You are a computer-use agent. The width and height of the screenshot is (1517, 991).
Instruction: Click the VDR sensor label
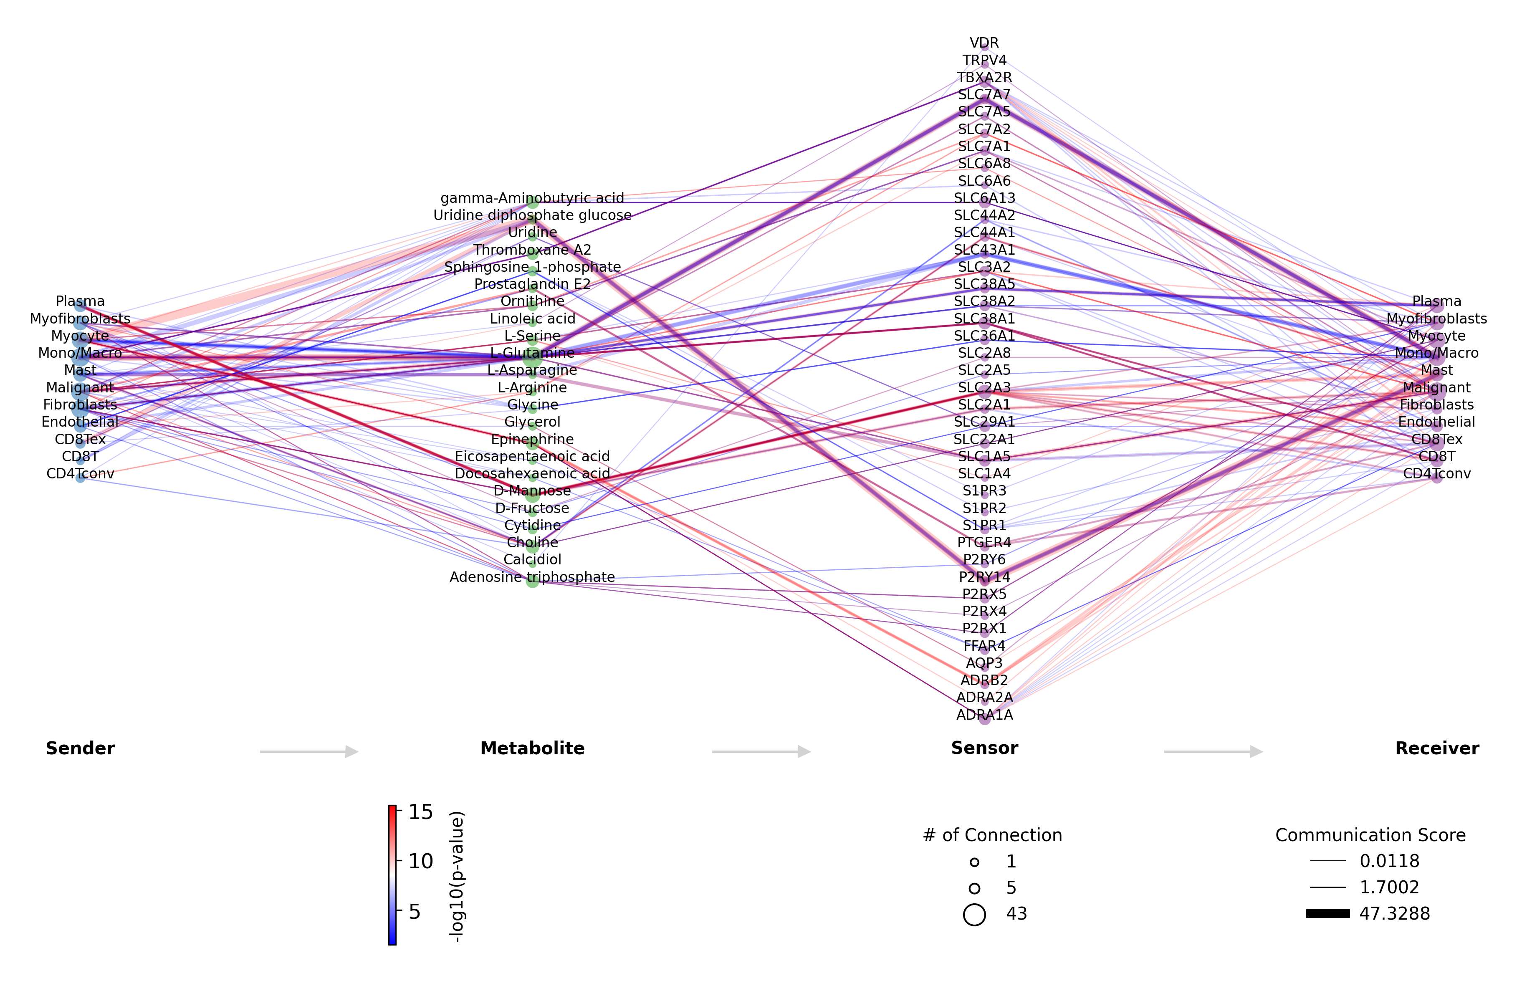(x=984, y=43)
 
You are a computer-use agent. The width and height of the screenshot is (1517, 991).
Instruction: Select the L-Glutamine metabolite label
(x=532, y=352)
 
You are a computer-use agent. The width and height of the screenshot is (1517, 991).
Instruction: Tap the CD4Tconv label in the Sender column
(x=80, y=473)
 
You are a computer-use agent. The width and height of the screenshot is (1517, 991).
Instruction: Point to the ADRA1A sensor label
(x=984, y=714)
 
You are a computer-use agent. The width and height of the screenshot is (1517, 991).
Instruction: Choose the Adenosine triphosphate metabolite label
(x=532, y=577)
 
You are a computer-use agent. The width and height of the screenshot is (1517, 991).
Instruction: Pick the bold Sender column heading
(x=80, y=748)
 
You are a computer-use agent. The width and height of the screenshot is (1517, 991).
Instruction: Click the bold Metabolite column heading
(x=532, y=748)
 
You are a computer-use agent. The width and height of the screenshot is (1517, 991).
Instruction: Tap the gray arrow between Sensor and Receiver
(x=1213, y=751)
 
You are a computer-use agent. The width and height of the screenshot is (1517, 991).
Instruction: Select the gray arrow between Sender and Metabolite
(x=309, y=751)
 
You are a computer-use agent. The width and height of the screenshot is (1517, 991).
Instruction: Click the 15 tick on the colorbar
(x=420, y=812)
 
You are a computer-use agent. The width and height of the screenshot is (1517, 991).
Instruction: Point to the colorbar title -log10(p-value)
(x=456, y=876)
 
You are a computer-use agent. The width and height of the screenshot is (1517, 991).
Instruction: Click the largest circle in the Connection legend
(x=974, y=915)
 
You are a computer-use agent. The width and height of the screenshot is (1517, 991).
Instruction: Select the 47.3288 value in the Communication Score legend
(x=1395, y=914)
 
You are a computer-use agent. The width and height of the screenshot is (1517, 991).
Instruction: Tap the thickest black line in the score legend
(x=1328, y=914)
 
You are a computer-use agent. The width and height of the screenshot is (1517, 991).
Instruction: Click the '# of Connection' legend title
(x=992, y=835)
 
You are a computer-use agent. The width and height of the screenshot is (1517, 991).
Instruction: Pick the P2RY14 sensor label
(x=984, y=577)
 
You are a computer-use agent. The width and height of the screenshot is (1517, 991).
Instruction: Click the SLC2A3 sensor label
(x=984, y=387)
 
